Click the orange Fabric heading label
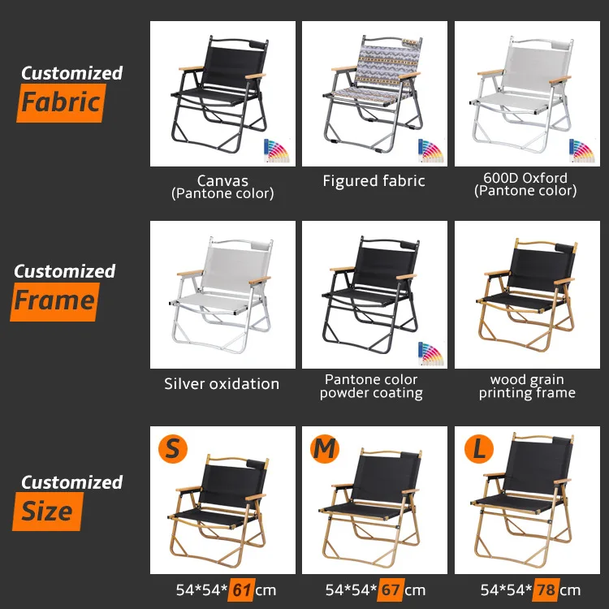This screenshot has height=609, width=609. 60,103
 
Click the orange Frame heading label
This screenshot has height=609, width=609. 54,301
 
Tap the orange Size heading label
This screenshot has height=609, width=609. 47,512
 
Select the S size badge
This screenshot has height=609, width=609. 171,448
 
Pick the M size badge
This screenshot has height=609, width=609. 324,448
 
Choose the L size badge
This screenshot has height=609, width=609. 476,448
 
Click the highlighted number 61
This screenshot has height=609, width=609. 240,590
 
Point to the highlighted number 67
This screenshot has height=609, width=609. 391,590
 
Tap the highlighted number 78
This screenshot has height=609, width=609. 546,590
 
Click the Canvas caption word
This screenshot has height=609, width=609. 222,180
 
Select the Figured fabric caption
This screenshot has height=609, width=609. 374,181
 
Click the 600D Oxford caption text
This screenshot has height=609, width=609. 525,178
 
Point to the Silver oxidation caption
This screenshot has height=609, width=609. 222,383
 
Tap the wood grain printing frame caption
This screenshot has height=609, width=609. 527,386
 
